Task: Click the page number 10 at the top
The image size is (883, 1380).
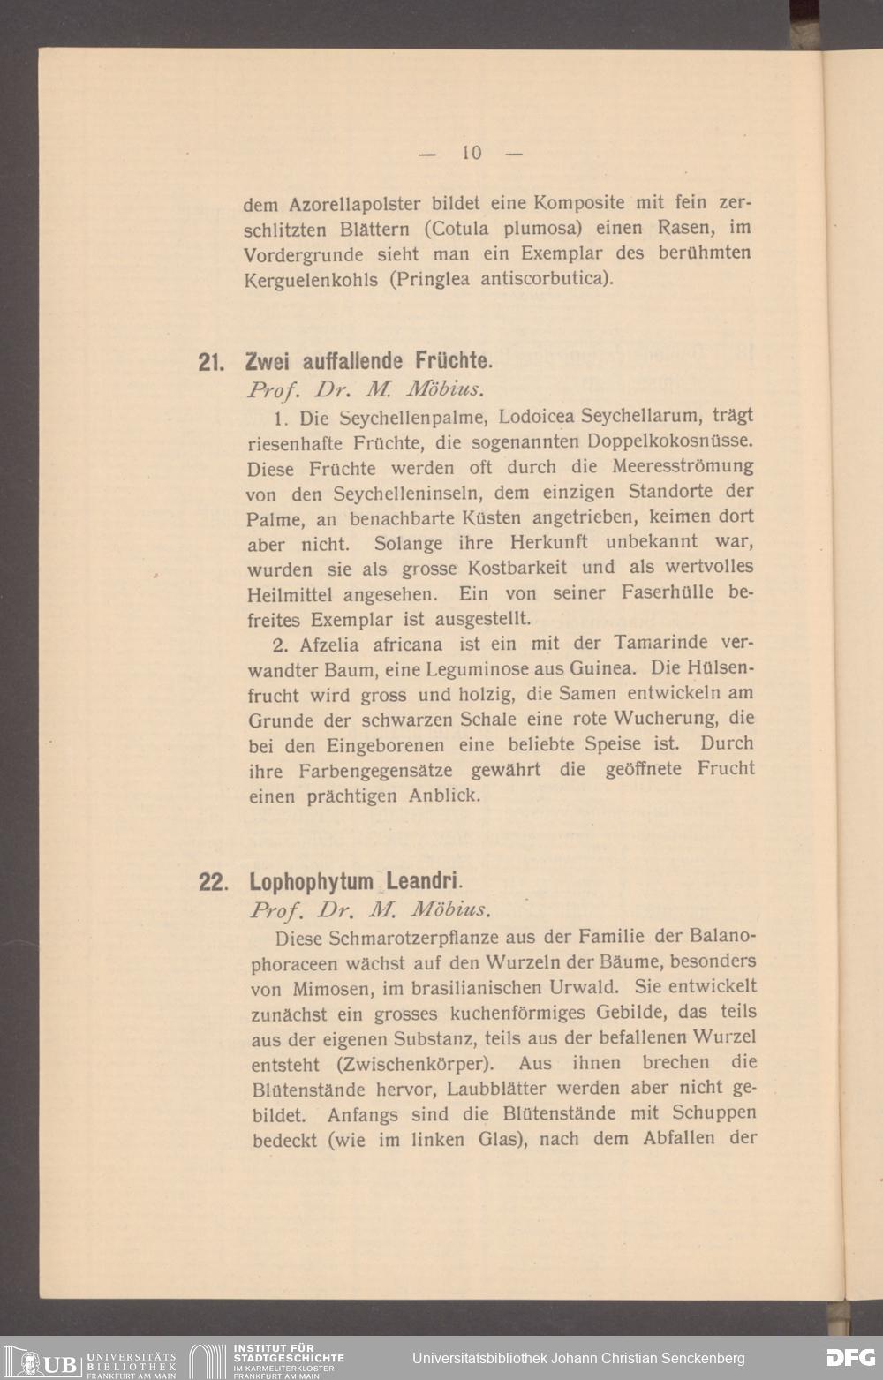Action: pos(471,153)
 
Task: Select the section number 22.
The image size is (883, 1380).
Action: pos(212,882)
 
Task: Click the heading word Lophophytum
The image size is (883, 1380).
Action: pos(312,881)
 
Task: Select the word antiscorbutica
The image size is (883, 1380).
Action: pos(546,280)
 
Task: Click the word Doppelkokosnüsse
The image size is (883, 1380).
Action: pos(671,440)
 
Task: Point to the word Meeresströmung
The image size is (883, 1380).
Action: pos(683,465)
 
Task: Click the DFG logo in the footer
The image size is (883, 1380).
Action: pos(849,1358)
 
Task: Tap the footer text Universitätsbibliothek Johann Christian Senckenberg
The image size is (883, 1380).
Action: pos(578,1358)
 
